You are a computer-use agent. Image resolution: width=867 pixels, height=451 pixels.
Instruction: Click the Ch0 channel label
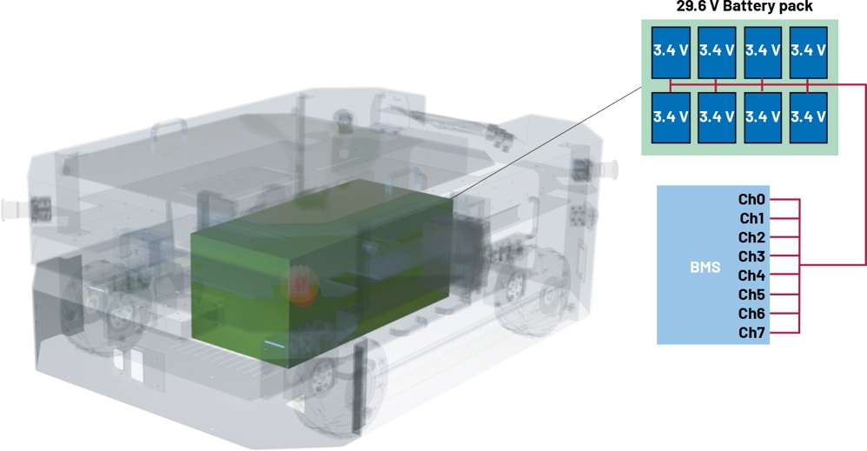click(x=751, y=199)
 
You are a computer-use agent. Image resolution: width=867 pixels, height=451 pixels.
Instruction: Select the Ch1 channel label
click(x=751, y=219)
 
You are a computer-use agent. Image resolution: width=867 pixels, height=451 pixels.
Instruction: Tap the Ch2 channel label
click(x=751, y=237)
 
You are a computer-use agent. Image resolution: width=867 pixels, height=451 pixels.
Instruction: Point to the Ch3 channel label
click(x=751, y=256)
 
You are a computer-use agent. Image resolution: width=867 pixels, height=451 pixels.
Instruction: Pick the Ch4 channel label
click(x=751, y=275)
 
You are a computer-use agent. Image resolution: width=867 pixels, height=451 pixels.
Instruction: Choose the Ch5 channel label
click(x=751, y=295)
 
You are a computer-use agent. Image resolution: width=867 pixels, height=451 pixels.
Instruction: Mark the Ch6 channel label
click(x=751, y=314)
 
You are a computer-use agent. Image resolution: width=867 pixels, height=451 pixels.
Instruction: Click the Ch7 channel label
click(x=751, y=333)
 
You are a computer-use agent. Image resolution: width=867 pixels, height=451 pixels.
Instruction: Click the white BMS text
click(x=705, y=268)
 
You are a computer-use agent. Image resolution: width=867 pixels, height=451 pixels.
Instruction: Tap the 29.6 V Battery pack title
click(x=745, y=6)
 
